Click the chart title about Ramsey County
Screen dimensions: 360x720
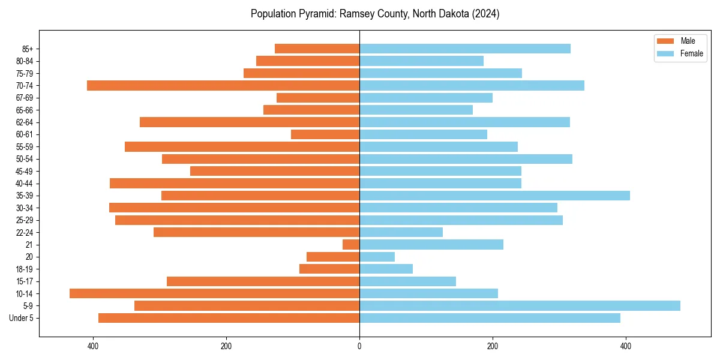coord(375,14)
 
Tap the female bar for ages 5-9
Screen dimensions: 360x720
coord(520,306)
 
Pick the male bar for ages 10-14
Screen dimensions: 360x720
coord(214,293)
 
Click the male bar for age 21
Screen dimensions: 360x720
coord(351,245)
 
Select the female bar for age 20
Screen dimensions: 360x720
coord(377,257)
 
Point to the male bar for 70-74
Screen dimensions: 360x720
coord(223,85)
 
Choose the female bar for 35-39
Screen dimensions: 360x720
coord(494,196)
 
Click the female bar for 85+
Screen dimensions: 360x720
coord(465,49)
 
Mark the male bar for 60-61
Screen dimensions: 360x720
coord(325,134)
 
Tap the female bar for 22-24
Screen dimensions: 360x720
coord(401,232)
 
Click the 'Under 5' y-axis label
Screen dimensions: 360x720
coord(22,318)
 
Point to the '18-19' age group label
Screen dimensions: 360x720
coord(25,269)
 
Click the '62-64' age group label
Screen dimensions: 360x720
coord(25,122)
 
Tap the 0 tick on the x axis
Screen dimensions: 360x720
coord(359,346)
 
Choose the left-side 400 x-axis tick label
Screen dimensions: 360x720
coord(93,346)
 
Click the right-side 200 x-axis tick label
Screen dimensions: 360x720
coord(493,346)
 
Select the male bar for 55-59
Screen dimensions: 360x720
coord(242,146)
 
